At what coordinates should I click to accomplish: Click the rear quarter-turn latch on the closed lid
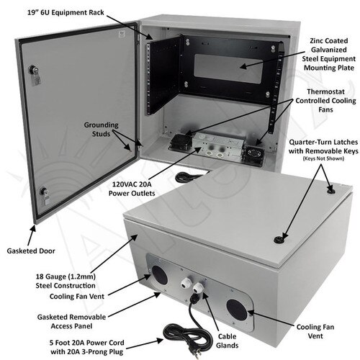click(330, 191)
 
